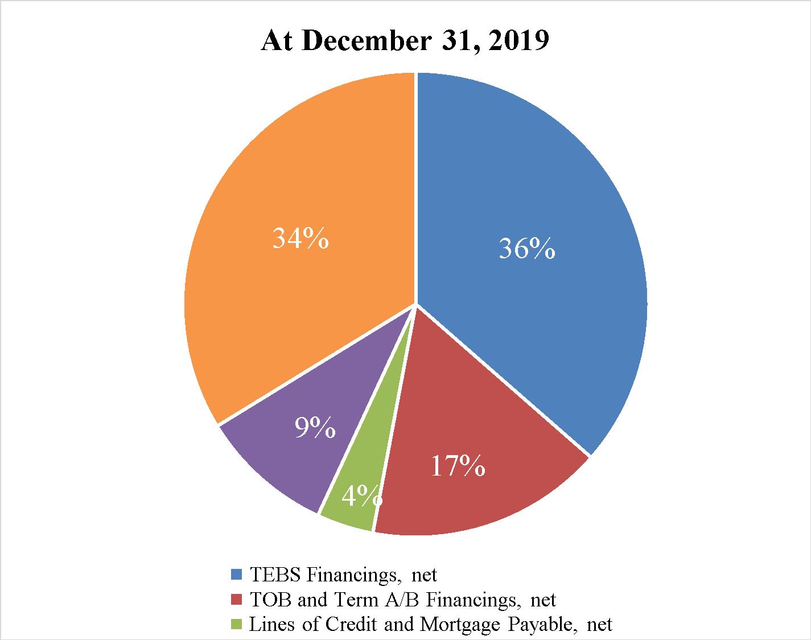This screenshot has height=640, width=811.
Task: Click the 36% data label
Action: click(526, 249)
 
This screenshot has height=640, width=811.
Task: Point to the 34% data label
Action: click(300, 238)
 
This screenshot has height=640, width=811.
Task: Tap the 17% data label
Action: click(458, 466)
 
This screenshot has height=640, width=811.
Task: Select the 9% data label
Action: click(315, 428)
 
